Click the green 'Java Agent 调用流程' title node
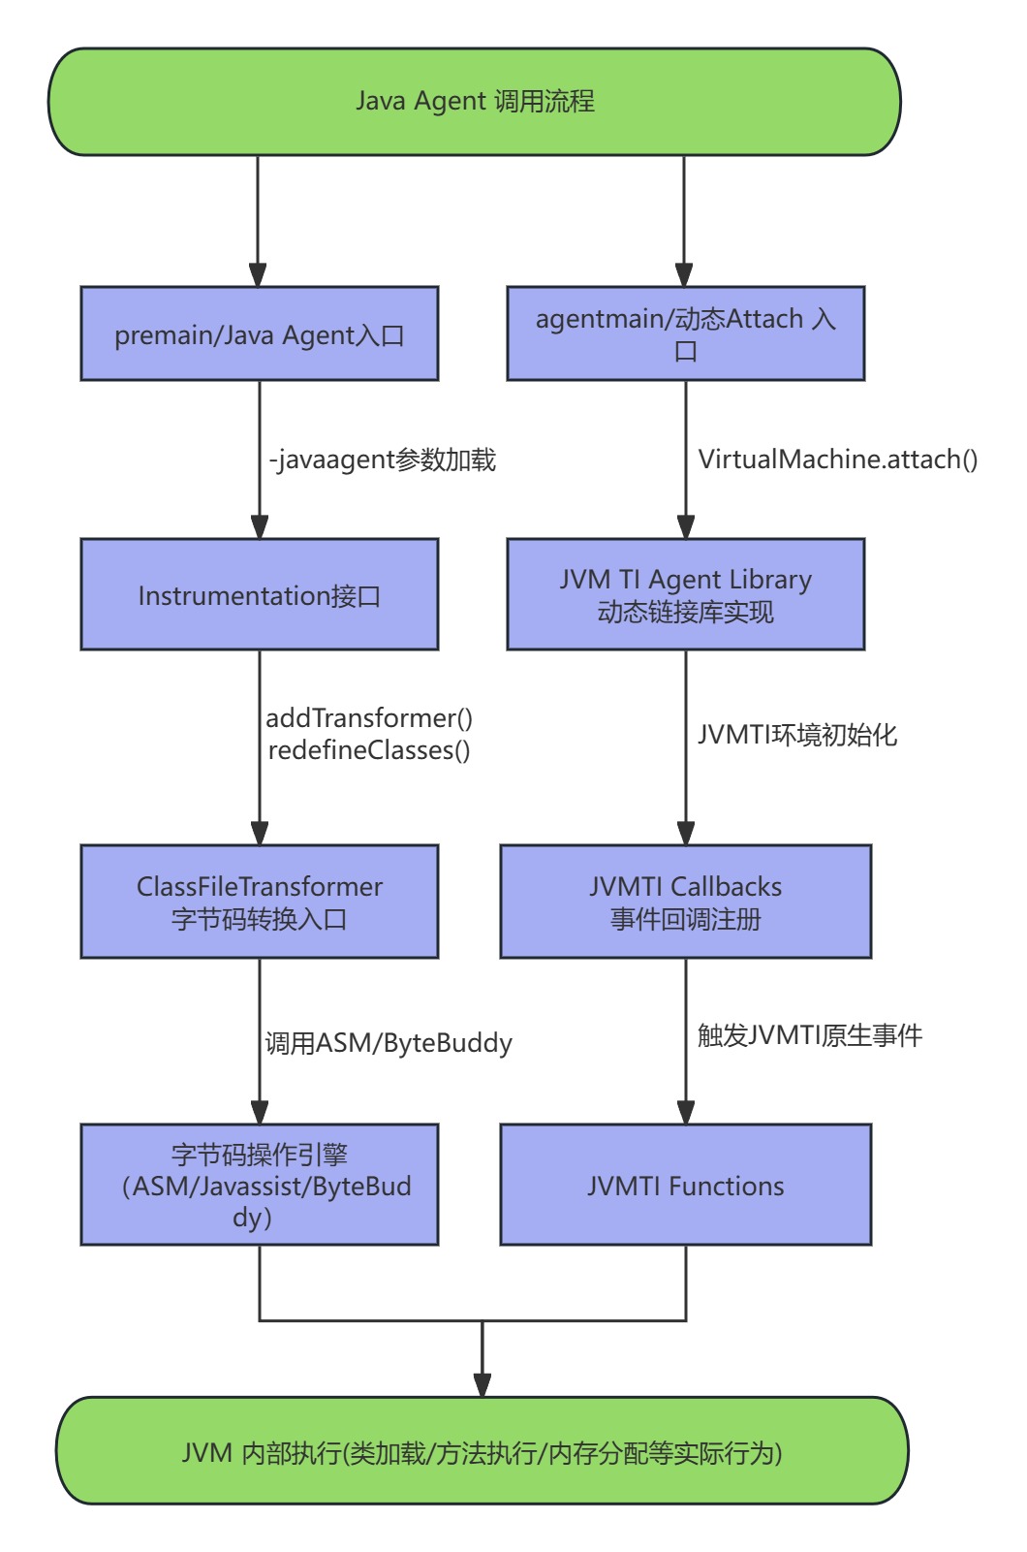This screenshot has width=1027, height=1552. (475, 102)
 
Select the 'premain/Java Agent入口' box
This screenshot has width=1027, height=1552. (260, 334)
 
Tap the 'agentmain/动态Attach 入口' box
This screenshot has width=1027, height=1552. (685, 333)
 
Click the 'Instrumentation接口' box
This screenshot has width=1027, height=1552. (260, 594)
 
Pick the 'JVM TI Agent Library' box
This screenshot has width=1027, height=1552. (685, 594)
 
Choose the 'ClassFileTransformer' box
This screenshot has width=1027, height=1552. (260, 902)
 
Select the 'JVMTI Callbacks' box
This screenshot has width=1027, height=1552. (685, 902)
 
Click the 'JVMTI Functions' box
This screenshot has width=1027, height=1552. (685, 1185)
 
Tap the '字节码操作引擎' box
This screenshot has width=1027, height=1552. (260, 1185)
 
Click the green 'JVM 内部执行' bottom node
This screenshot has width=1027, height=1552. (482, 1451)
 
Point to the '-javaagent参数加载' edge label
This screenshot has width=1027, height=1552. (383, 459)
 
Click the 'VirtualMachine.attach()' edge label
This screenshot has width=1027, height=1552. (838, 459)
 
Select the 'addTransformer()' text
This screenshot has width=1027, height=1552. (369, 718)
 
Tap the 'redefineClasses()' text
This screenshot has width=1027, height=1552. (369, 750)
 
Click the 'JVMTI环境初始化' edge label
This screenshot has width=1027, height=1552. (797, 735)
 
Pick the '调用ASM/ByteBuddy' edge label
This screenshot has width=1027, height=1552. (389, 1043)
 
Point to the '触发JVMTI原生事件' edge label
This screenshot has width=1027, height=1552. (810, 1035)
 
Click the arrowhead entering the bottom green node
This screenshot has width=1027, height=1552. (482, 1385)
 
